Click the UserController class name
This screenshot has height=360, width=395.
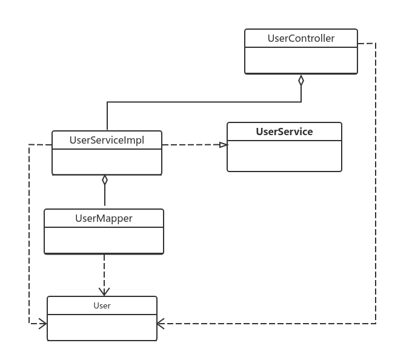click(301, 38)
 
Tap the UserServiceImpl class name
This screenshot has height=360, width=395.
click(107, 141)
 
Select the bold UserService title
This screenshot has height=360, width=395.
click(284, 132)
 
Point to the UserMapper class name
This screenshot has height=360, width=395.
click(104, 218)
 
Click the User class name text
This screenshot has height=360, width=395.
click(102, 305)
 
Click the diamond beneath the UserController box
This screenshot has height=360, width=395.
click(301, 81)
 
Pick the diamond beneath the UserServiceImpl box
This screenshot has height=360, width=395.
click(105, 180)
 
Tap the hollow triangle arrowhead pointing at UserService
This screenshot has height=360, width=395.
click(224, 145)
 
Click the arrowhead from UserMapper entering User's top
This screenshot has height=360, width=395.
click(104, 292)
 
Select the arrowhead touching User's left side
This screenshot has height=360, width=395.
click(43, 324)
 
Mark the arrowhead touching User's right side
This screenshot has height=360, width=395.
click(161, 324)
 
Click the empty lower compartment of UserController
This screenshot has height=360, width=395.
click(301, 60)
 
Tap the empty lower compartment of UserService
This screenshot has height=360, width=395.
click(284, 156)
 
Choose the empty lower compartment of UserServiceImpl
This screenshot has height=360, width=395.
click(107, 161)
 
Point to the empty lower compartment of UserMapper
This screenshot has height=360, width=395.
click(104, 240)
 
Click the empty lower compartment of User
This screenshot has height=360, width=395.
click(102, 327)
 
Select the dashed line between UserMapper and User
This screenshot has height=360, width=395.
click(104, 275)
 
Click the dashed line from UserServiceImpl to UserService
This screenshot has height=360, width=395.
click(194, 145)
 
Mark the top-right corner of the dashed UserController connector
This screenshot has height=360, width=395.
click(376, 43)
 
